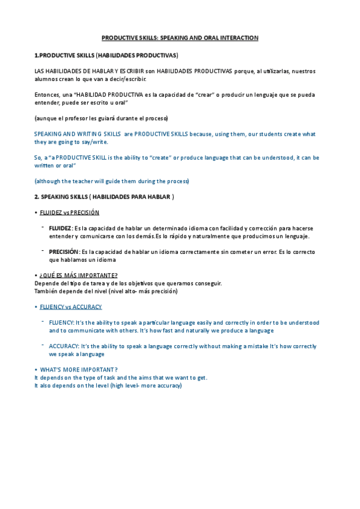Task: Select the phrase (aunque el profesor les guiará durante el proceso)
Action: pyautogui.click(x=102, y=118)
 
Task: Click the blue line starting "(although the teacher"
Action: pyautogui.click(x=112, y=181)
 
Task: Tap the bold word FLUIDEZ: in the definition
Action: pyautogui.click(x=61, y=229)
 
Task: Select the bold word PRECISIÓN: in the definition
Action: pyautogui.click(x=64, y=252)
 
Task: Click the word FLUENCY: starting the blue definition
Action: pyautogui.click(x=62, y=323)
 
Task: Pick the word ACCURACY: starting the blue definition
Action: pyautogui.click(x=64, y=346)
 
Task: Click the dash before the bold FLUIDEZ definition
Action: pyautogui.click(x=43, y=227)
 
